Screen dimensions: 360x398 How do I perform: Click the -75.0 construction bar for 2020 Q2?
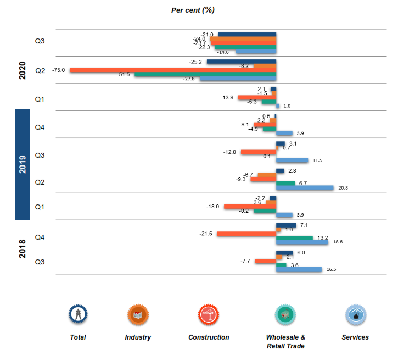click(173, 70)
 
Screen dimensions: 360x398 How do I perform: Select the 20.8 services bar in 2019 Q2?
click(305, 188)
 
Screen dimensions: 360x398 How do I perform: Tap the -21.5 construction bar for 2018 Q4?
click(246, 234)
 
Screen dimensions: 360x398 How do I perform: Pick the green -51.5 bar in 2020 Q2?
click(205, 74)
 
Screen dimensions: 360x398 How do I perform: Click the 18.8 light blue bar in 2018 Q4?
click(302, 242)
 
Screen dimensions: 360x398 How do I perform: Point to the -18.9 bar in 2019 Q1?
click(250, 207)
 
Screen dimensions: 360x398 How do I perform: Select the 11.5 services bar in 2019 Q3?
click(292, 160)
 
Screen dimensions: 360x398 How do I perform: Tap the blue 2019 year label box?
click(22, 164)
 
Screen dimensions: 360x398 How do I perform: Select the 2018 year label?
click(23, 247)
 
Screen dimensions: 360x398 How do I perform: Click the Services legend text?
click(355, 337)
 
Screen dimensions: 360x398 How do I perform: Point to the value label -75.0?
click(59, 70)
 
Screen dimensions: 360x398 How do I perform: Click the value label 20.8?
click(343, 188)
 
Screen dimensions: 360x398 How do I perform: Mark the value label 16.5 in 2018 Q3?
click(331, 269)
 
